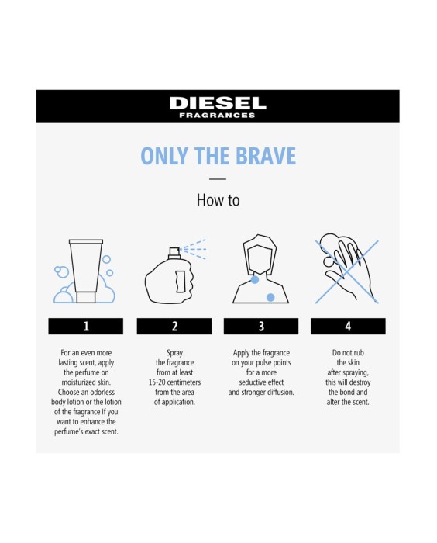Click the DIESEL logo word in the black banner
[218, 102]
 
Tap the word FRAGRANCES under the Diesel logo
[218, 116]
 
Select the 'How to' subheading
[218, 200]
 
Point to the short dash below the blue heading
[218, 179]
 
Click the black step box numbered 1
[85, 327]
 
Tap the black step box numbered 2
[174, 327]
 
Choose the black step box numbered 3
[261, 327]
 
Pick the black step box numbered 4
[348, 327]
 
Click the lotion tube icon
[86, 268]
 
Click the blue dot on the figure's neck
[255, 281]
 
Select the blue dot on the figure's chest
[270, 297]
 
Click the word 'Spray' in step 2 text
[174, 351]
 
